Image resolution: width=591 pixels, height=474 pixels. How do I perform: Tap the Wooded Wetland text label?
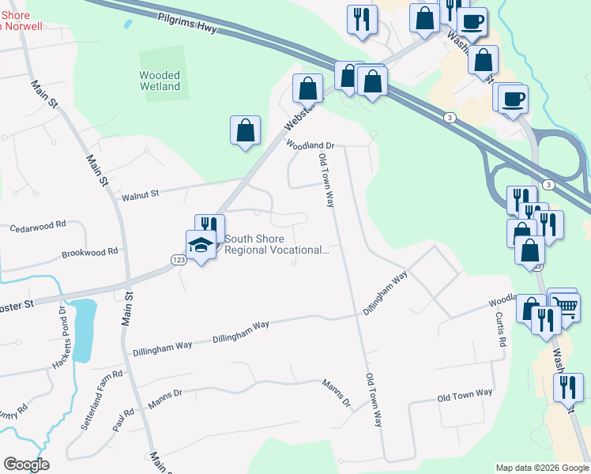[160, 81]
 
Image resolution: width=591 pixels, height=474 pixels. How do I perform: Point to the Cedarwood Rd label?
[37, 227]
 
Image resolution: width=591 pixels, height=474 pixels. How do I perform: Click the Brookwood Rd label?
[89, 253]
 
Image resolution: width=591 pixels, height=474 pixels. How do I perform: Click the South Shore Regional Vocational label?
[276, 245]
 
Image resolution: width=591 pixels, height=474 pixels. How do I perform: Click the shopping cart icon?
[564, 303]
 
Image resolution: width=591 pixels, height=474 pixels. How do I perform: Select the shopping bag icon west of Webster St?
[245, 130]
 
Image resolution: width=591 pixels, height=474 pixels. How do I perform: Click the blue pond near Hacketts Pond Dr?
[85, 319]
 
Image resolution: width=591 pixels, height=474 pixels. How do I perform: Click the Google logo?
[26, 465]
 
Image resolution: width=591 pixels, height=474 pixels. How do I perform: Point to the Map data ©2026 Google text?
[542, 468]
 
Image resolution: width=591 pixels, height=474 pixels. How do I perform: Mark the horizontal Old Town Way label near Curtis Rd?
[465, 394]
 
